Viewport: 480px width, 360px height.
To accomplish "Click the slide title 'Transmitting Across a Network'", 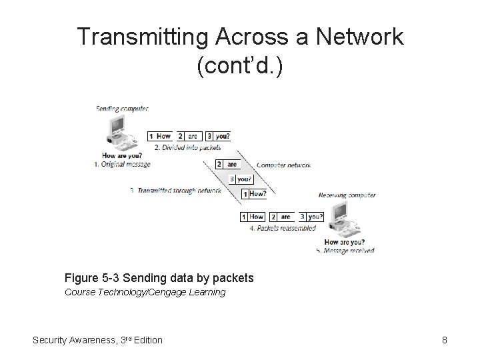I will tap(240, 37).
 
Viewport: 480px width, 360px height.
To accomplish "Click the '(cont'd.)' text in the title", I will tap(240, 67).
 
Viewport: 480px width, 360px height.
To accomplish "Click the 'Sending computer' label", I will tap(122, 108).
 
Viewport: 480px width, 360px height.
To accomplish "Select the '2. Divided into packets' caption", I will tap(187, 146).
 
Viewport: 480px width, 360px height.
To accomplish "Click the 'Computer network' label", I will tap(288, 164).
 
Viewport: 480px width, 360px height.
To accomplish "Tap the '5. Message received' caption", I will tap(345, 251).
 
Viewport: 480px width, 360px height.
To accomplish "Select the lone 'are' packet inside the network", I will tap(227, 164).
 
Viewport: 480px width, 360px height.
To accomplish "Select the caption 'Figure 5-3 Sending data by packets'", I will tap(159, 277).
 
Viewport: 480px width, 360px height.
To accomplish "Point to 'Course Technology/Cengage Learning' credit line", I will tap(145, 292).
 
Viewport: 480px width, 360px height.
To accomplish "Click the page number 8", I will tap(444, 340).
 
